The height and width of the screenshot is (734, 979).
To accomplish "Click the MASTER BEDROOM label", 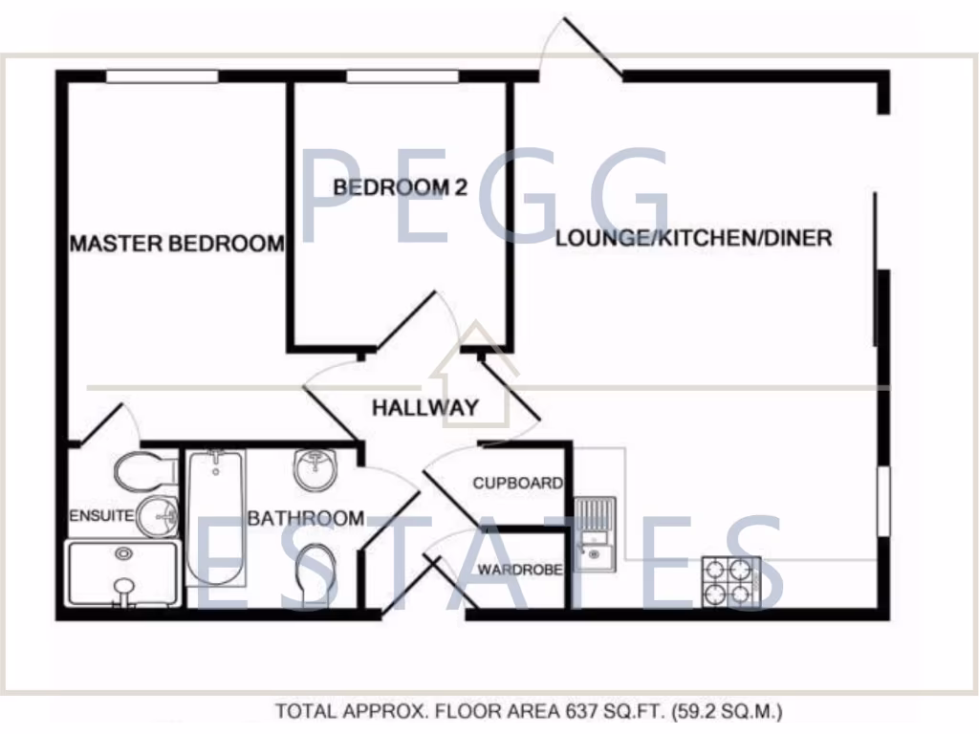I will pos(177,244).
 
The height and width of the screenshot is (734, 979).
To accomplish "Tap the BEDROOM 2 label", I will pos(400,188).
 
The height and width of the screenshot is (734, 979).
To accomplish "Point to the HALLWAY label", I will pos(424,408).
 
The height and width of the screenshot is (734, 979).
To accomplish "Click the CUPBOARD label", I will pos(517,484).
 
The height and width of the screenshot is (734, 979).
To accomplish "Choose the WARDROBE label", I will pos(518,570).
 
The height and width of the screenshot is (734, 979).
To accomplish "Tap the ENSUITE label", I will pos(100,516).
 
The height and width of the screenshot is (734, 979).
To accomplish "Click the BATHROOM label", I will pos(305,518).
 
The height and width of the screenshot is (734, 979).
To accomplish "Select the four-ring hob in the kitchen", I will pos(731,581).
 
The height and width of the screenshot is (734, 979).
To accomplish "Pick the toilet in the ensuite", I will pos(141,470).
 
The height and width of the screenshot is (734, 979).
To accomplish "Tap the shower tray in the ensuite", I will pos(121,573).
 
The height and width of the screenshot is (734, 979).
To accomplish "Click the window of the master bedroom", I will pos(162,76).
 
